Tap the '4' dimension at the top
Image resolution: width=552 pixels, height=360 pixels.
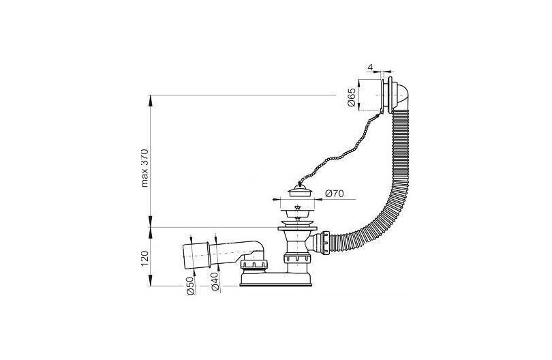coord(369,67)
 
